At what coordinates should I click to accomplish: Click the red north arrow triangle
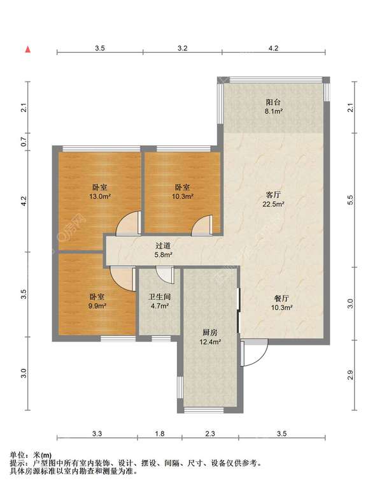pyautogui.click(x=28, y=49)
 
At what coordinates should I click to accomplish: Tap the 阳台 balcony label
pyautogui.click(x=273, y=102)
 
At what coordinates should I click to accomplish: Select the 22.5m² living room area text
pyautogui.click(x=273, y=205)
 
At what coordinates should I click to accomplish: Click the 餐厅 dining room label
pyautogui.click(x=281, y=298)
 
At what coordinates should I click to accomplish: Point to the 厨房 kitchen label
pyautogui.click(x=210, y=333)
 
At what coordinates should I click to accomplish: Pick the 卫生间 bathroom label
pyautogui.click(x=160, y=296)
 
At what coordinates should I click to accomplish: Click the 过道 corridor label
pyautogui.click(x=163, y=246)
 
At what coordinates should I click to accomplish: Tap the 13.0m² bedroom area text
pyautogui.click(x=100, y=196)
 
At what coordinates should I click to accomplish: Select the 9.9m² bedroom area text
pyautogui.click(x=97, y=306)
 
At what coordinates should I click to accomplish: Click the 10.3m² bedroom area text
pyautogui.click(x=183, y=196)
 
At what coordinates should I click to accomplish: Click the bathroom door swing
pyautogui.click(x=165, y=275)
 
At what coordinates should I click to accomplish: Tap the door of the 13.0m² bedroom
pyautogui.click(x=129, y=223)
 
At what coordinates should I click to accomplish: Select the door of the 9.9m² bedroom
pyautogui.click(x=123, y=278)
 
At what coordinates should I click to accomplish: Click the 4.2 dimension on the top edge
pyautogui.click(x=273, y=48)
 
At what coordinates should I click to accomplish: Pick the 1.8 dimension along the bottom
pyautogui.click(x=160, y=433)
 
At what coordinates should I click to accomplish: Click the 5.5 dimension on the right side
pyautogui.click(x=350, y=199)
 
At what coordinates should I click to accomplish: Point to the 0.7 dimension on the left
pyautogui.click(x=24, y=142)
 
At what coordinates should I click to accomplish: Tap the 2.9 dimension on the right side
pyautogui.click(x=350, y=375)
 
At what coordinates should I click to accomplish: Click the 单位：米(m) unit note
pyautogui.click(x=31, y=455)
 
